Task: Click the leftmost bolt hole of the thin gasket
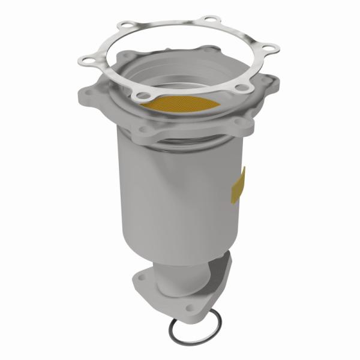click(x=85, y=60)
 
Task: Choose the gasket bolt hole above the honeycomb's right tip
click(x=241, y=89)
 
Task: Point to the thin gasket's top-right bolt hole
click(x=209, y=20)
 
